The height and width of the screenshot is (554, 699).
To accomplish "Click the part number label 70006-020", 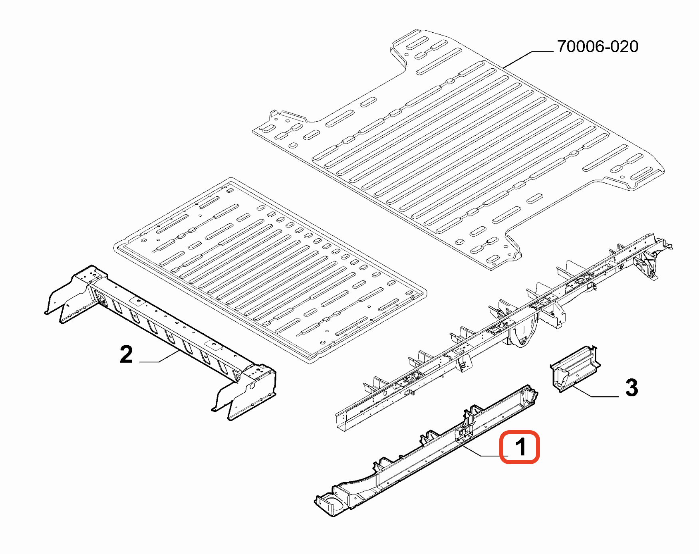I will coord(598,47).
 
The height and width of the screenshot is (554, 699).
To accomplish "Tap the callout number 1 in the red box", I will coord(520,447).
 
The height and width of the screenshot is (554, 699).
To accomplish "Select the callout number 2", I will coord(126,354).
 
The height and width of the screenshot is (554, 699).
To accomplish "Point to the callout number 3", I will coord(631,388).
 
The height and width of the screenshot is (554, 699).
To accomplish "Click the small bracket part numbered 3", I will coord(575,369).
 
